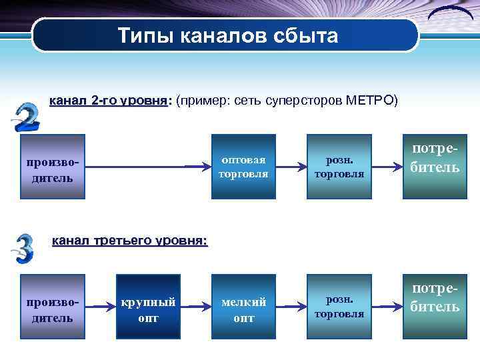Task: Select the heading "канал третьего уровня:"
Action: [129, 240]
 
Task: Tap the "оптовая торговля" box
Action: [243, 167]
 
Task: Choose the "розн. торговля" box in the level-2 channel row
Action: [339, 167]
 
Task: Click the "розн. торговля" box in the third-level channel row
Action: [339, 307]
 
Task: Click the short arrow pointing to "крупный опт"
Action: [101, 308]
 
